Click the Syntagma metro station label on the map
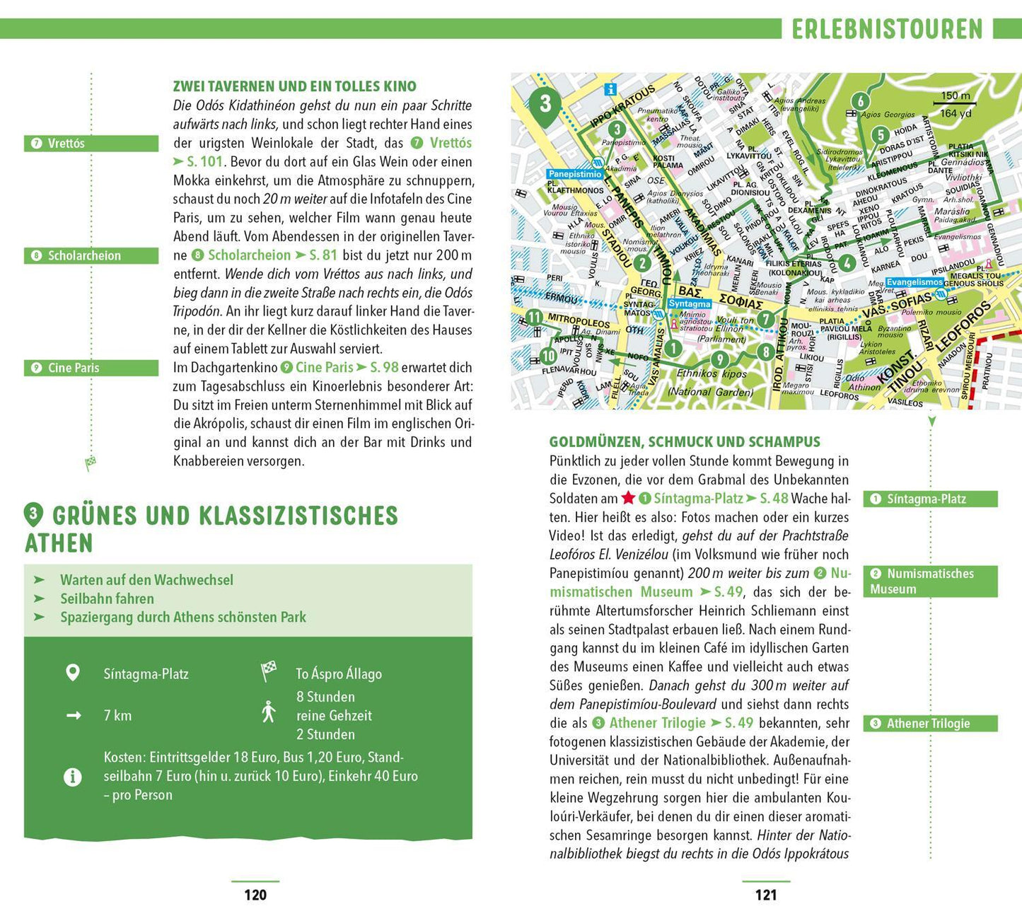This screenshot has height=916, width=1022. [689, 303]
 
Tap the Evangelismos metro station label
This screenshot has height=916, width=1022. [914, 282]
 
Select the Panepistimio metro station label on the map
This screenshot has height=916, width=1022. [574, 174]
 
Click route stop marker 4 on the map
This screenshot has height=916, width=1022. [847, 262]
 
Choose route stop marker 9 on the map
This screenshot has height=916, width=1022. [719, 359]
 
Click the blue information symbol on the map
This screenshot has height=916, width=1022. [610, 89]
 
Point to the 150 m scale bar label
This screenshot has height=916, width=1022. [955, 96]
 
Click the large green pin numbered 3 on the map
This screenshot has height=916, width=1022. [545, 105]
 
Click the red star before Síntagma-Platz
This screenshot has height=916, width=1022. [628, 498]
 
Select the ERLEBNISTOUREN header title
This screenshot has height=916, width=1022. [887, 29]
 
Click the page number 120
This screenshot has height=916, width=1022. [255, 895]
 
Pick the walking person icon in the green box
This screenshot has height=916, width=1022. [268, 712]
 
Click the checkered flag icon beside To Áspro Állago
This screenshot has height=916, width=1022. [268, 671]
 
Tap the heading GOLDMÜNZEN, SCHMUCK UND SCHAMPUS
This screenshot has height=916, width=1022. [685, 442]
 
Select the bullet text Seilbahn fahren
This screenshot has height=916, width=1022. [107, 598]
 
